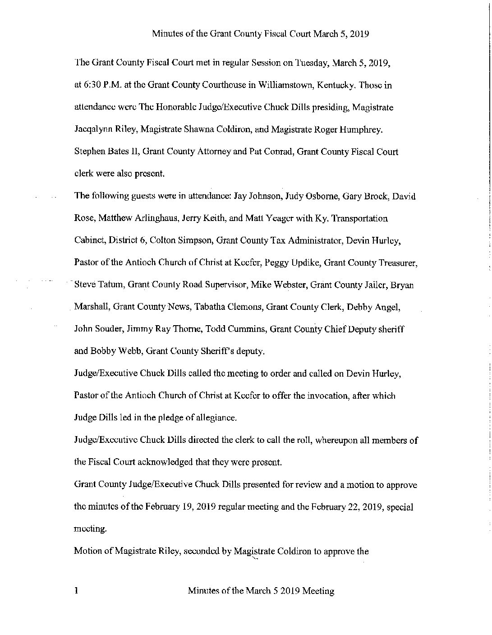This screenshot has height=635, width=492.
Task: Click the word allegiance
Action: (x=214, y=418)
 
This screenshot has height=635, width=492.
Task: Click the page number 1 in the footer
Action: (x=77, y=591)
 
